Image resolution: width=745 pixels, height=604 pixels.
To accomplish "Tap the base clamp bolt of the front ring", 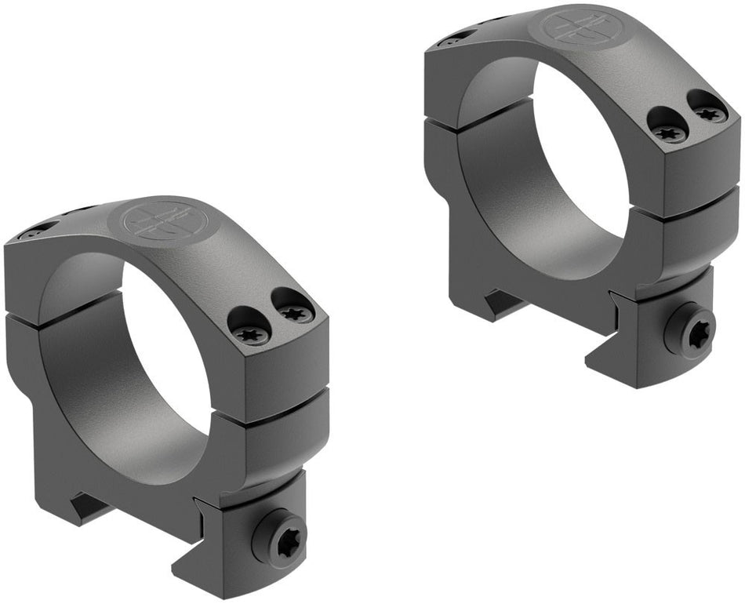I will pyautogui.click(x=278, y=534).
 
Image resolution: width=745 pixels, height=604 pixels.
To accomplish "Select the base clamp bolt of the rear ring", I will pyautogui.click(x=689, y=330).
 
